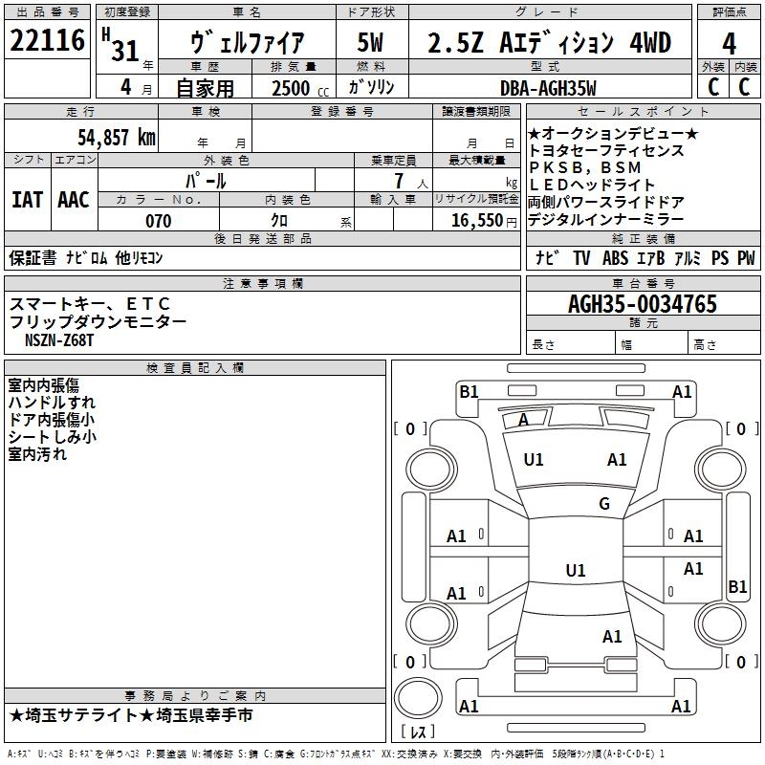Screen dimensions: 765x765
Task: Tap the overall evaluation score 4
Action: pos(730,43)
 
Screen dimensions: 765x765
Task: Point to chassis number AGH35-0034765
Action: pos(643,304)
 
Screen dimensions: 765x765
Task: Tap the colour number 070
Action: pos(158,221)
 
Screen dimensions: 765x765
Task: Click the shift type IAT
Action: pos(27,200)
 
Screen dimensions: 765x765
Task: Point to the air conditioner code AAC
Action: pos(74,200)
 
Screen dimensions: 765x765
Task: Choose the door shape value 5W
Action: pos(371,42)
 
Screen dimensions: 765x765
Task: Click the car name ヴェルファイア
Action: pos(248,43)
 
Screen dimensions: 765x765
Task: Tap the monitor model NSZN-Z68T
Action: pos(60,339)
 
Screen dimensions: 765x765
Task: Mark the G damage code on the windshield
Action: pos(604,504)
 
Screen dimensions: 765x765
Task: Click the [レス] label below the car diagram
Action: pos(417,732)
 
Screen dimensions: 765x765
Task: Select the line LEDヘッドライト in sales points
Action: pos(592,185)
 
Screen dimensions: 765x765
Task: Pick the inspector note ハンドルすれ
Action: pos(52,403)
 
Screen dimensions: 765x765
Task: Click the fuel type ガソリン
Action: pos(372,88)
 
